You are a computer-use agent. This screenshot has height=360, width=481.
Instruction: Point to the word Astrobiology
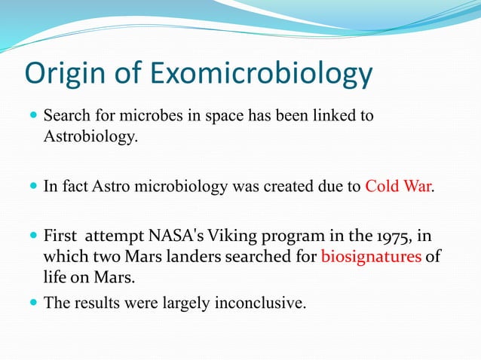click(x=90, y=139)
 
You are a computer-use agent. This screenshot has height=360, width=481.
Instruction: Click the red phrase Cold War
click(x=398, y=187)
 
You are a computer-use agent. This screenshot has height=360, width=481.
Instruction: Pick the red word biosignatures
click(x=370, y=258)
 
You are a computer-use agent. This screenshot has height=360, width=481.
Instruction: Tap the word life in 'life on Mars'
click(x=55, y=278)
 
